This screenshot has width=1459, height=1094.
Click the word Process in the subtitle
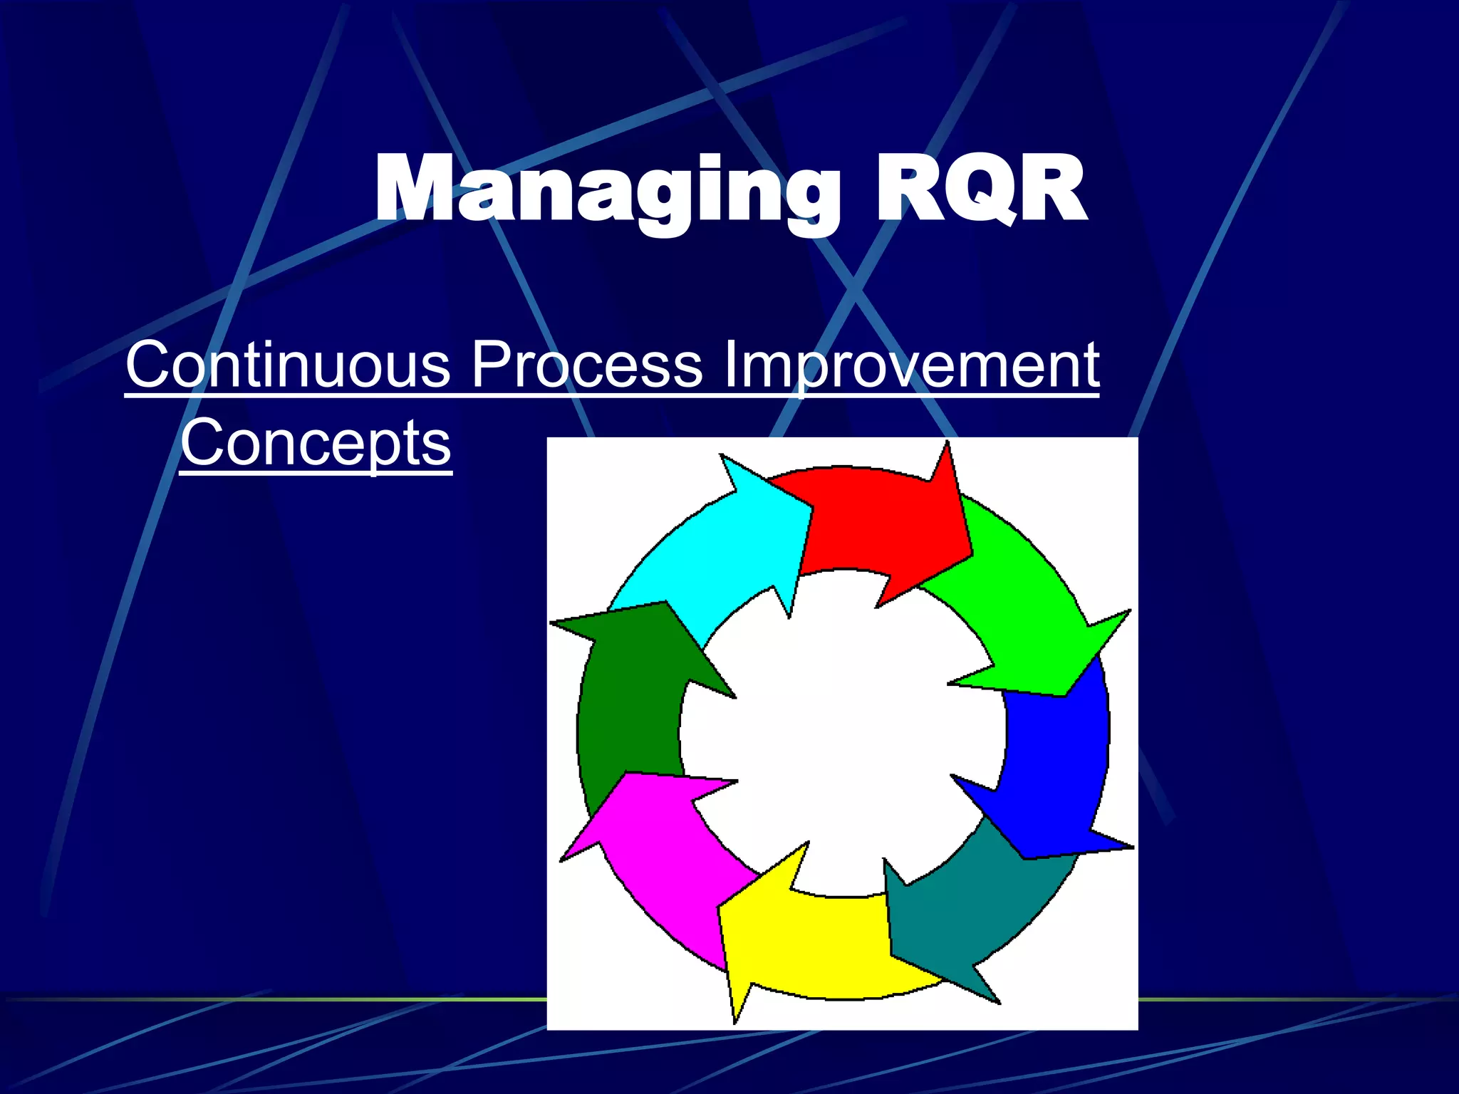587,365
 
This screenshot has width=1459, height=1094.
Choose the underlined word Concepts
316,443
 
